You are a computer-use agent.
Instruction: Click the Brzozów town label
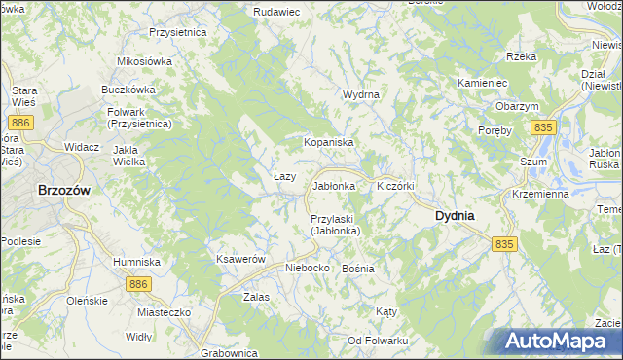tap(63, 191)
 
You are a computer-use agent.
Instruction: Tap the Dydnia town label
tap(454, 215)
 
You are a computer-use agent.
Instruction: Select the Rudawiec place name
tap(275, 11)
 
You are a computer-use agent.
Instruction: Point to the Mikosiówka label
tap(144, 61)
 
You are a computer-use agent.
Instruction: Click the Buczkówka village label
tap(129, 89)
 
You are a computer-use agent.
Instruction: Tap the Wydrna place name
tap(360, 94)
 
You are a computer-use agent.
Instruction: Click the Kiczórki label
tap(396, 185)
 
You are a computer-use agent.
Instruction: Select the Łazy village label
tap(284, 175)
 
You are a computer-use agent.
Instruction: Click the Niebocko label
tap(309, 268)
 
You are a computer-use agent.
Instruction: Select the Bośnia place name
tap(358, 268)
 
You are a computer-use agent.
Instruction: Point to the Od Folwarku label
tap(378, 340)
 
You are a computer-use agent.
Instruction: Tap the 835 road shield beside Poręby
tap(543, 127)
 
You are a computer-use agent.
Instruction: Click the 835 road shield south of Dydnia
tap(503, 244)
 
